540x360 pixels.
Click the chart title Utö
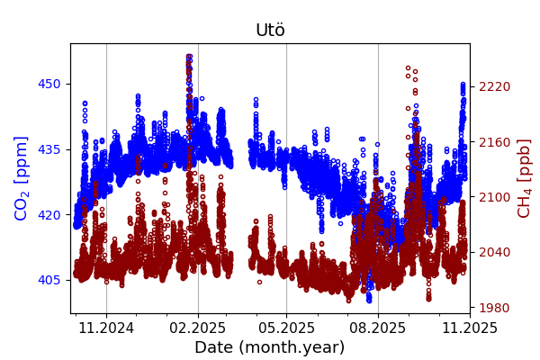[270, 30]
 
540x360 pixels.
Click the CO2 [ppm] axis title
[22, 178]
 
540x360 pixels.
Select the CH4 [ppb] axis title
[525, 178]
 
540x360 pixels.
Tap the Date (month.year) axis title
[270, 347]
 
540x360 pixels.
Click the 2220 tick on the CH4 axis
[494, 86]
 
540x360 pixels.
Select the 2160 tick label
[494, 142]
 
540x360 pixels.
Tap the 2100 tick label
[494, 197]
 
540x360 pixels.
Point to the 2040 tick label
[494, 252]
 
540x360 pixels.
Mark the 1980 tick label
[494, 308]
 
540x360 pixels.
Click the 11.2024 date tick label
[106, 327]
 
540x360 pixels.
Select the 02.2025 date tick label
[198, 327]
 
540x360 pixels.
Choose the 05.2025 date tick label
[286, 327]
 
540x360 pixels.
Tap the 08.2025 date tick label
[378, 327]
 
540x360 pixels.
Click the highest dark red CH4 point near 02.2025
[189, 56]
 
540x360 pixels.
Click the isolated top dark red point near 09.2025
[408, 67]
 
